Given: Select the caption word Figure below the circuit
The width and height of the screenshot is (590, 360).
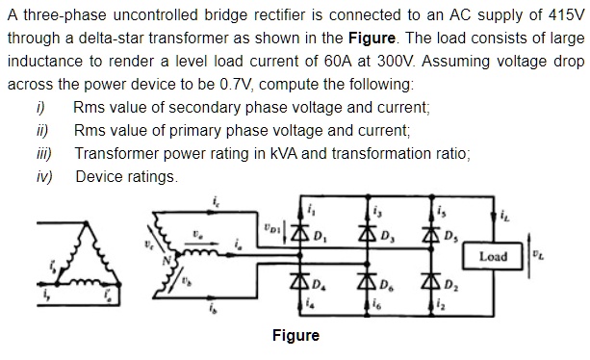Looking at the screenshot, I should tap(295, 336).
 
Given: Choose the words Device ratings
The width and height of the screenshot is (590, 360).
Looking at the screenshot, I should tap(126, 176).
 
